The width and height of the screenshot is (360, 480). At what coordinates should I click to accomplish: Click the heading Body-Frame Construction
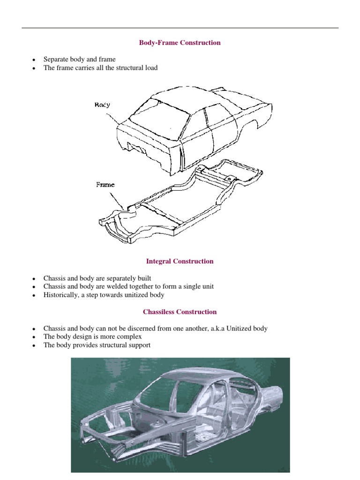[x=180, y=43]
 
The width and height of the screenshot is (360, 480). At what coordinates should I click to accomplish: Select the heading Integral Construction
[x=180, y=261]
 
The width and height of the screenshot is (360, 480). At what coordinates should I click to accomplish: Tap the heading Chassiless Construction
[x=180, y=312]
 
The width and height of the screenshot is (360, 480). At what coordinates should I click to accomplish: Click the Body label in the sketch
[x=102, y=105]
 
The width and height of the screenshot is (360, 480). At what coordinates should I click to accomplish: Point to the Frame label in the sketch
[x=105, y=185]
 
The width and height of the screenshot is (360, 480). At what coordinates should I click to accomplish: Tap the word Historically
[x=61, y=295]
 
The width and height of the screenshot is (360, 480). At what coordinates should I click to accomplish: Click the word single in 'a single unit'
[x=183, y=286]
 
